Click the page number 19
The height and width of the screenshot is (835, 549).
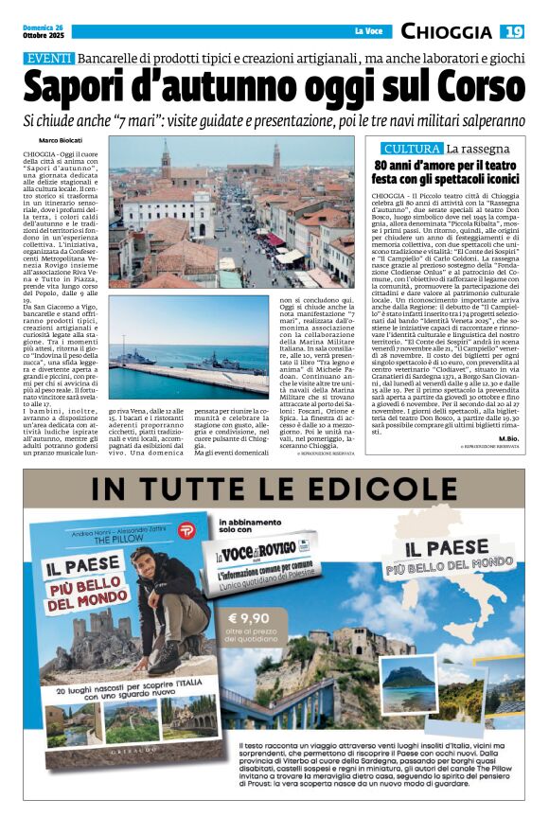pos(512,32)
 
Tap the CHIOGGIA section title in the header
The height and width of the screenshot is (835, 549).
pos(446,32)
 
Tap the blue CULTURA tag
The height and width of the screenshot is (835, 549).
pos(412,149)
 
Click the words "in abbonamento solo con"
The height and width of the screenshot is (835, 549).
pos(251,528)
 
